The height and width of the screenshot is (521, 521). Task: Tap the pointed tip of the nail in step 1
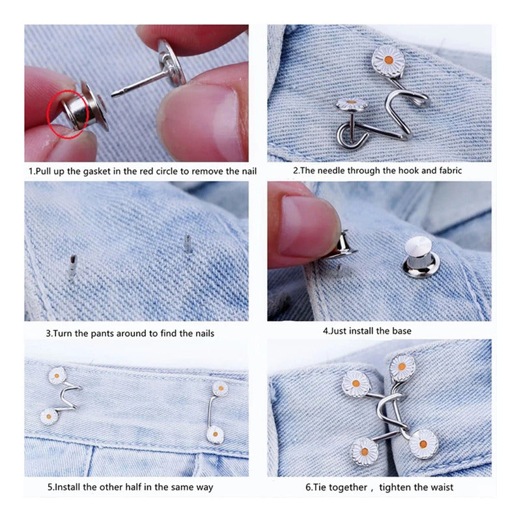click(112, 95)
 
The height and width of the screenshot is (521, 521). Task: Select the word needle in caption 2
click(331, 171)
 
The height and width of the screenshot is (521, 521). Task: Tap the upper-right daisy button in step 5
click(220, 388)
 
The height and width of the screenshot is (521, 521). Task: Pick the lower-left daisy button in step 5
click(49, 417)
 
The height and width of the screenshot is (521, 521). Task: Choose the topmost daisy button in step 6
click(402, 367)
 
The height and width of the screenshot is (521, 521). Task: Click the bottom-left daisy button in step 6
click(364, 451)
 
